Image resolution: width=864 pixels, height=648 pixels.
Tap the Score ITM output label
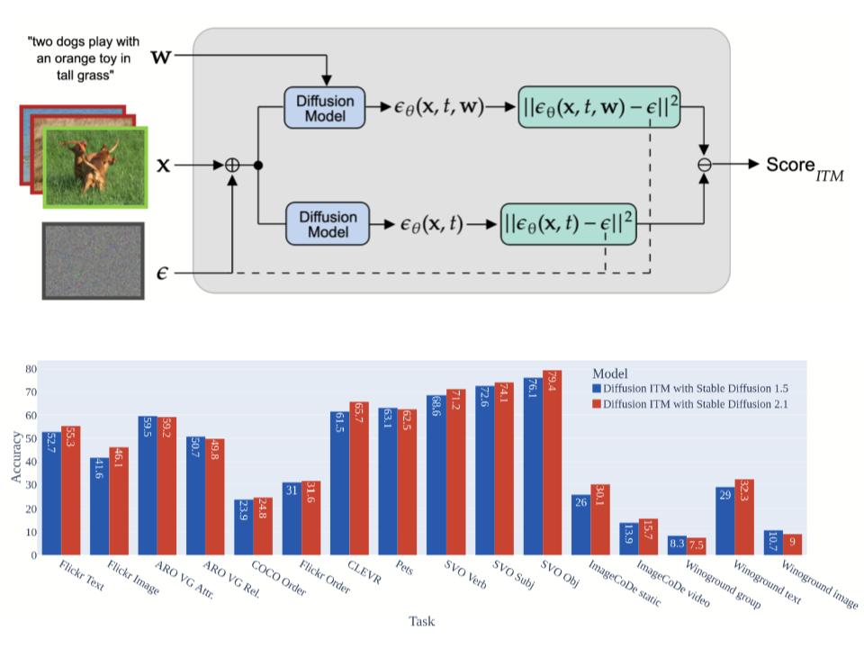click(804, 166)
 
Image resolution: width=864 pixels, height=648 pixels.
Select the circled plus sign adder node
click(232, 166)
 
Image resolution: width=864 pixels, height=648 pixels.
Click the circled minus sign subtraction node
click(705, 166)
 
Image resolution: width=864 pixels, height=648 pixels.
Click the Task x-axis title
click(421, 620)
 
